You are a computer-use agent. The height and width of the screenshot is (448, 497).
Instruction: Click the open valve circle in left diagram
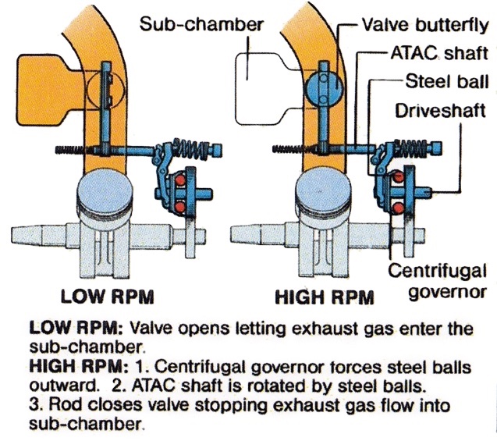point(106,90)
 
